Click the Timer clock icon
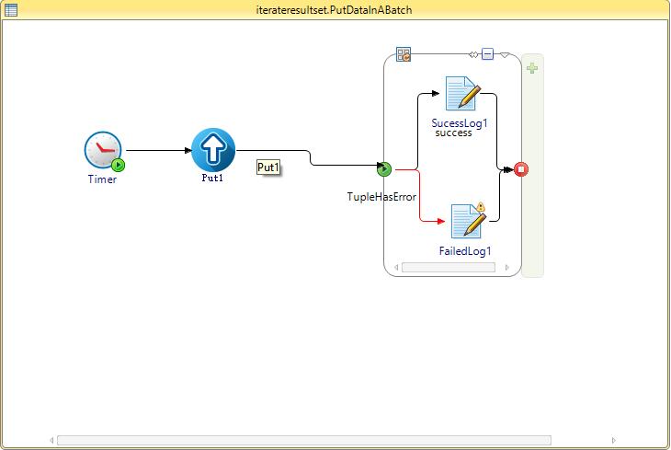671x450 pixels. [102, 150]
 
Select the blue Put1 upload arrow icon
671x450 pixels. [213, 149]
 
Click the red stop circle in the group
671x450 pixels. [521, 168]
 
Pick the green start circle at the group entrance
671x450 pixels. [384, 168]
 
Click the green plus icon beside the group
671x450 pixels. [532, 68]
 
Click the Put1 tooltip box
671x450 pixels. [268, 167]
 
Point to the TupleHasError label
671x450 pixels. [381, 197]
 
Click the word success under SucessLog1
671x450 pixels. [453, 133]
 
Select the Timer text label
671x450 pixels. [102, 179]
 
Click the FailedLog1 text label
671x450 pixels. [465, 251]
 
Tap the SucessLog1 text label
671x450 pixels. [459, 121]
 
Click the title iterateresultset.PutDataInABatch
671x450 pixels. [335, 9]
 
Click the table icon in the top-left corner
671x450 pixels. [9, 9]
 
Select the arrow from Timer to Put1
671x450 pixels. [157, 150]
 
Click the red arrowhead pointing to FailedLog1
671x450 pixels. [441, 222]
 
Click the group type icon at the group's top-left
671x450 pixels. [404, 54]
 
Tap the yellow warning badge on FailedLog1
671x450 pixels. [480, 207]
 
